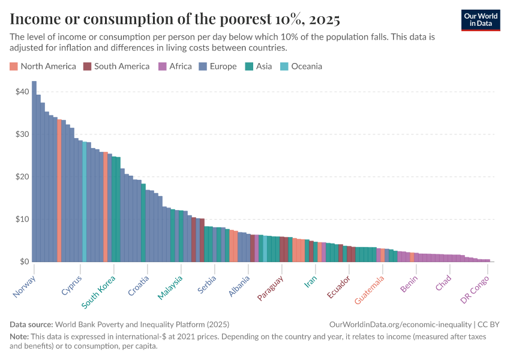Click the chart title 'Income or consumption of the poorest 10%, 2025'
coord(175,20)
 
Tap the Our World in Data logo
coord(481,20)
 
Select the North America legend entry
coord(43,67)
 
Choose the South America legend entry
coord(116,67)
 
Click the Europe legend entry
coord(218,67)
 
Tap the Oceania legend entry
coord(301,67)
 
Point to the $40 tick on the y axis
coord(22,92)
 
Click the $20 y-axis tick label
coord(22,177)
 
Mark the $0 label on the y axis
coord(24,262)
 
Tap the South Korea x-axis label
coord(99,292)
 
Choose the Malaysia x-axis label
coord(171,287)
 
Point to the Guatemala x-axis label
coord(370,289)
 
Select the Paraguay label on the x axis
coord(271,289)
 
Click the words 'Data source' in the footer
coord(32,324)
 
